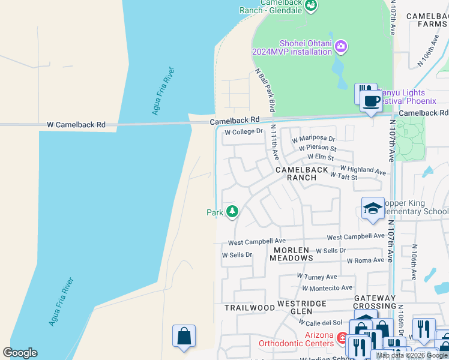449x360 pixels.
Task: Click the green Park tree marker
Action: (x=232, y=212)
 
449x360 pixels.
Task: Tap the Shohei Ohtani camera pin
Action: (x=341, y=46)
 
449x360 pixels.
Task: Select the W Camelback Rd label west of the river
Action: (x=76, y=125)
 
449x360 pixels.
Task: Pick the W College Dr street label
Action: (x=244, y=131)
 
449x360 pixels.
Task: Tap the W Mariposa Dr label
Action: (x=313, y=139)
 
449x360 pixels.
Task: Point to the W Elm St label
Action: (x=321, y=157)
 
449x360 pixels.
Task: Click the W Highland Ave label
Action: (x=363, y=170)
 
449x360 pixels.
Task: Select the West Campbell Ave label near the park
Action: (x=256, y=242)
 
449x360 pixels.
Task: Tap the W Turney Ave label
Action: (x=317, y=277)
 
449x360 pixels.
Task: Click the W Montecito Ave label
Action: (x=327, y=288)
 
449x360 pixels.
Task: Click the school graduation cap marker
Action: (x=373, y=208)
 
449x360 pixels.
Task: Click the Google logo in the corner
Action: (x=20, y=352)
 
